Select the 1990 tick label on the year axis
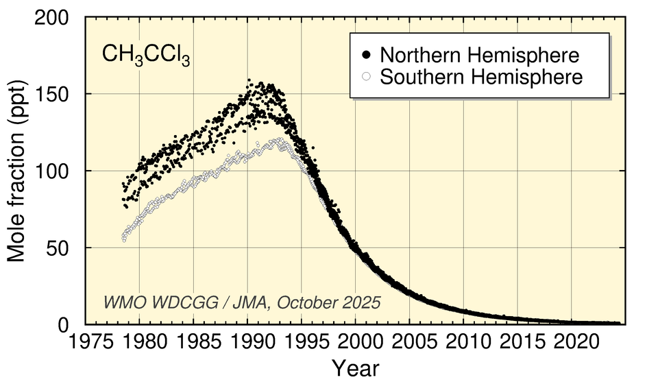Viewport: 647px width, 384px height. (x=248, y=341)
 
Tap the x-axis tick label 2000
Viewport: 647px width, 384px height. (x=356, y=341)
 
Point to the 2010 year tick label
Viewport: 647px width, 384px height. (x=464, y=341)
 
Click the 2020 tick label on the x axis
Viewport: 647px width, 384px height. (x=572, y=341)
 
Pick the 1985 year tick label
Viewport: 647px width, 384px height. (x=194, y=341)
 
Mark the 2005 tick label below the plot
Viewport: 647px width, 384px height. (x=410, y=341)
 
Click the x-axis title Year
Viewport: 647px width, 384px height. (x=356, y=368)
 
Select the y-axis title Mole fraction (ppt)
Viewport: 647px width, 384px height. (x=18, y=171)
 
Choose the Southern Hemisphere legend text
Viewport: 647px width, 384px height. (x=481, y=76)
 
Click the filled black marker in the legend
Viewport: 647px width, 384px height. (x=367, y=55)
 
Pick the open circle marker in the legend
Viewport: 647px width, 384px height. (x=367, y=76)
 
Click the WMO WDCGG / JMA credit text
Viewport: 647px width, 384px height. (x=242, y=302)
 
